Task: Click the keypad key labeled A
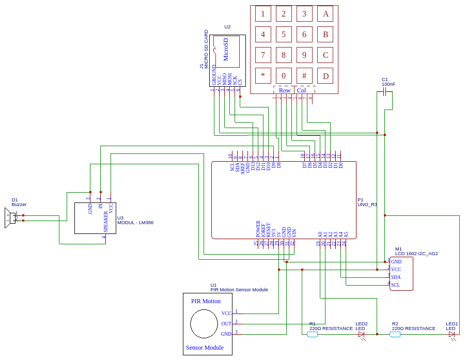(x=325, y=14)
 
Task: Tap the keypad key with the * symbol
(x=263, y=76)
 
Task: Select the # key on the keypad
(x=304, y=76)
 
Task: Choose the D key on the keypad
(x=325, y=76)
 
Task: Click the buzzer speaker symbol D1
(x=9, y=217)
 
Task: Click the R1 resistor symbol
(x=312, y=335)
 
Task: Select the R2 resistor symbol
(x=395, y=335)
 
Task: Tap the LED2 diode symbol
(x=362, y=335)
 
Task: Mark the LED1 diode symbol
(x=452, y=335)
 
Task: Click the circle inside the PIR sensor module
(x=204, y=324)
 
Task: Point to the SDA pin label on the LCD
(x=396, y=277)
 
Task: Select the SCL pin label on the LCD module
(x=396, y=285)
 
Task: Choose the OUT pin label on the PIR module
(x=226, y=324)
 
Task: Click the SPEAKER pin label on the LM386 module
(x=106, y=221)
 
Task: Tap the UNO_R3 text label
(x=367, y=205)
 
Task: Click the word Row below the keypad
(x=285, y=90)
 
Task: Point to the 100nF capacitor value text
(x=389, y=84)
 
